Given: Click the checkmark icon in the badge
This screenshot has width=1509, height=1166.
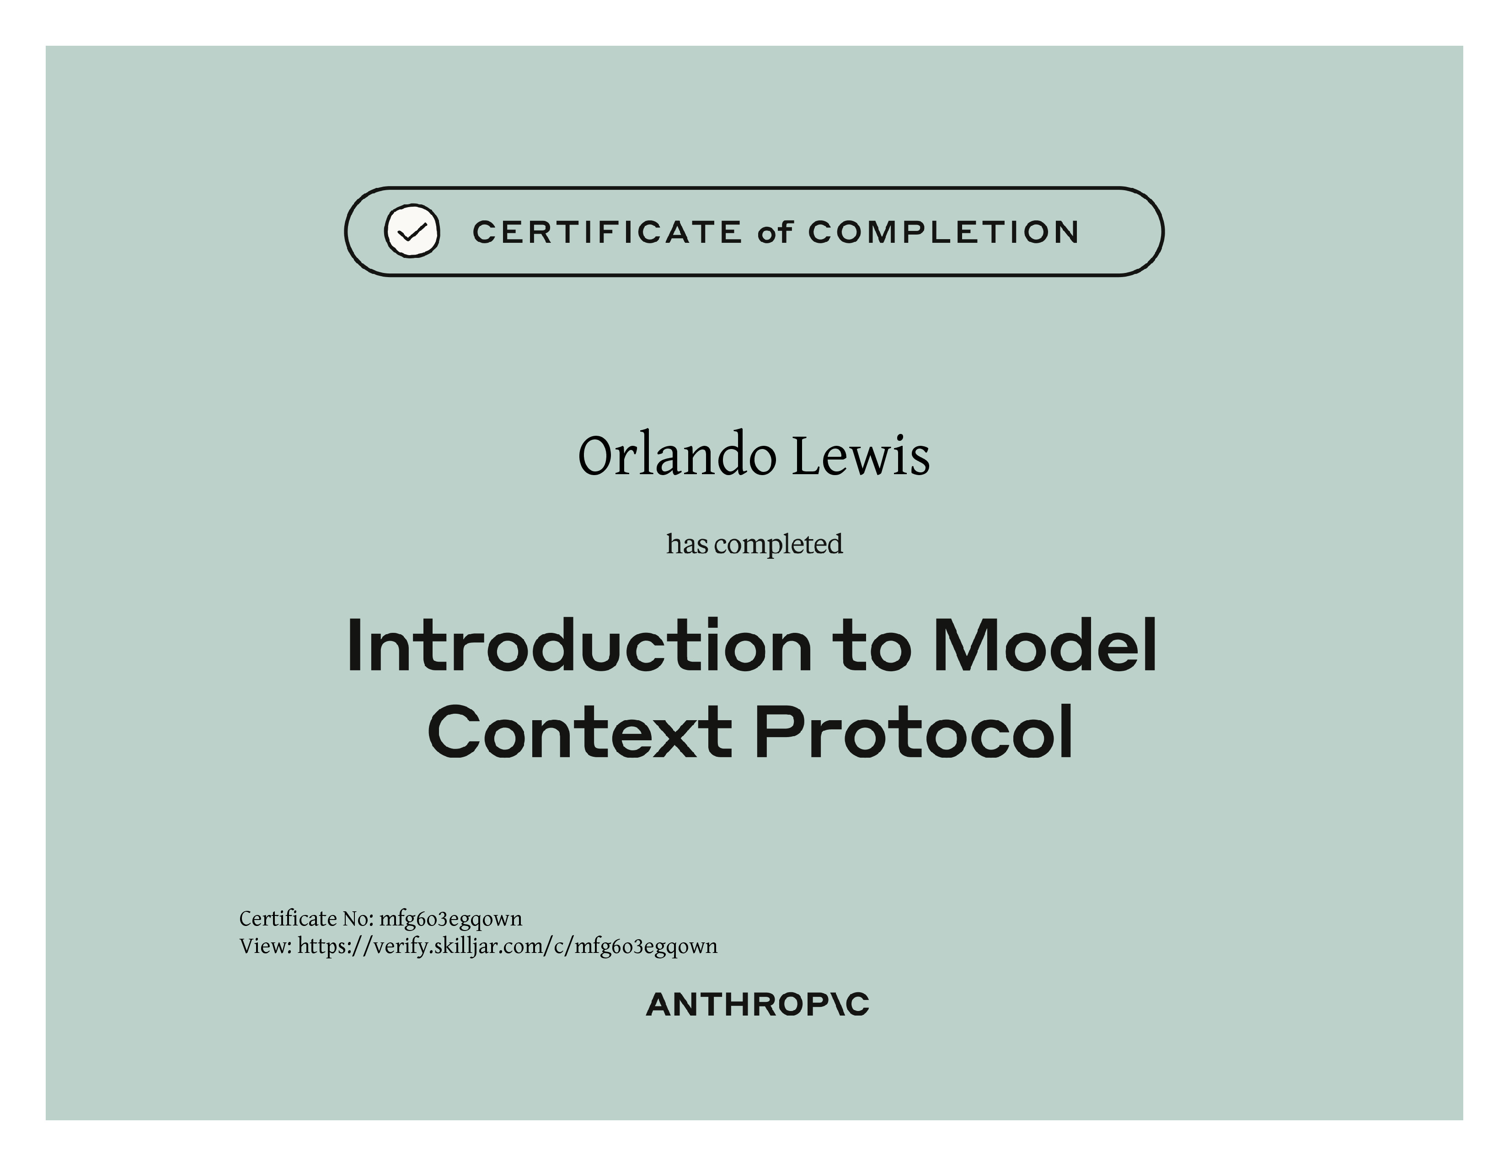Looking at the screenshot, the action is [412, 231].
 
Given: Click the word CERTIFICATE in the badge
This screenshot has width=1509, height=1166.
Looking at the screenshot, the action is [607, 232].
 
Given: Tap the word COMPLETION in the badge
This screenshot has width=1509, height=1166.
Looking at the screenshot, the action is [944, 232].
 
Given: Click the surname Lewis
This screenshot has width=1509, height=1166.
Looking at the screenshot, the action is [861, 456].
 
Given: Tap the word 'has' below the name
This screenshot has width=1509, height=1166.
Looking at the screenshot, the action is [687, 544].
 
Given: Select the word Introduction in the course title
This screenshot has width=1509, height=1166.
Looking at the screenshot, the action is [579, 645].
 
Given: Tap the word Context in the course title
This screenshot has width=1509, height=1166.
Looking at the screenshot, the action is [580, 732].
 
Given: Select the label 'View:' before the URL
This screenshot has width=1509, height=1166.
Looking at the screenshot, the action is [265, 947].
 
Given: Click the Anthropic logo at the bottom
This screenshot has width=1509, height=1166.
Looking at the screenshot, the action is [757, 1005].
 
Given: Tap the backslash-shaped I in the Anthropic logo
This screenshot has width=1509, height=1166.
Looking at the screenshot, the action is [833, 1005].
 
